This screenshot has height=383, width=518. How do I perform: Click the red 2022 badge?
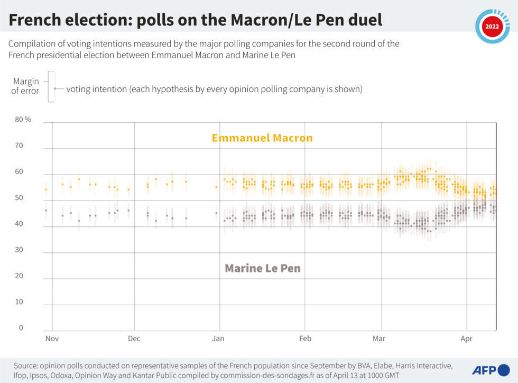coord(492,26)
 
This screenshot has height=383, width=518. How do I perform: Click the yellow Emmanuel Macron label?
coord(262,138)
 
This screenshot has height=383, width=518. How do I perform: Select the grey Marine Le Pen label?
coord(263,268)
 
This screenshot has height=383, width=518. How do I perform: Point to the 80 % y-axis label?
coord(23,120)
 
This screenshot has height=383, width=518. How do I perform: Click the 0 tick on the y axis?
coord(21,328)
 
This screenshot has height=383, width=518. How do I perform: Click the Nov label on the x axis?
coord(52,339)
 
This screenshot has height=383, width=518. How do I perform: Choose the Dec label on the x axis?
coord(134,339)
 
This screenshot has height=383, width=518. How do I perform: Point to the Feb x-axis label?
coord(305,339)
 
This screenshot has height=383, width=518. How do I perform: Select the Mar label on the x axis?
coord(379,339)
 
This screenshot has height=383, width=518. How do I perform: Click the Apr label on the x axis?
coord(467,339)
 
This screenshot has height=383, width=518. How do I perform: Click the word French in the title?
coord(35,21)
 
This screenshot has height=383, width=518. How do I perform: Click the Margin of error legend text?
coord(26,86)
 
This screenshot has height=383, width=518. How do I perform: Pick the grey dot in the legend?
coord(54,89)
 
